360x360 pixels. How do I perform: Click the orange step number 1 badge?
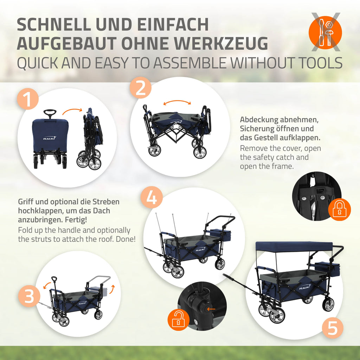point(28,99)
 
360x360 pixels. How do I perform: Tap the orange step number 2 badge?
point(141,88)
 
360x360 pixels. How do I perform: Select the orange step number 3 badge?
point(29,296)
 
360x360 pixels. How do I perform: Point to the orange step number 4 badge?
point(152,198)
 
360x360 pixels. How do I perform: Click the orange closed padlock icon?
point(339,210)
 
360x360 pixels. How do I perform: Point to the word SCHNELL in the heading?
point(54,24)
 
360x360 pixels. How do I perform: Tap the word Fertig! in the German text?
point(76,220)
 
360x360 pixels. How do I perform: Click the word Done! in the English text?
point(126,239)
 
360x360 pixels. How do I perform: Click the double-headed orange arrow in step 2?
point(177,102)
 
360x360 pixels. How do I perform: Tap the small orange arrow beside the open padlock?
point(211,309)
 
